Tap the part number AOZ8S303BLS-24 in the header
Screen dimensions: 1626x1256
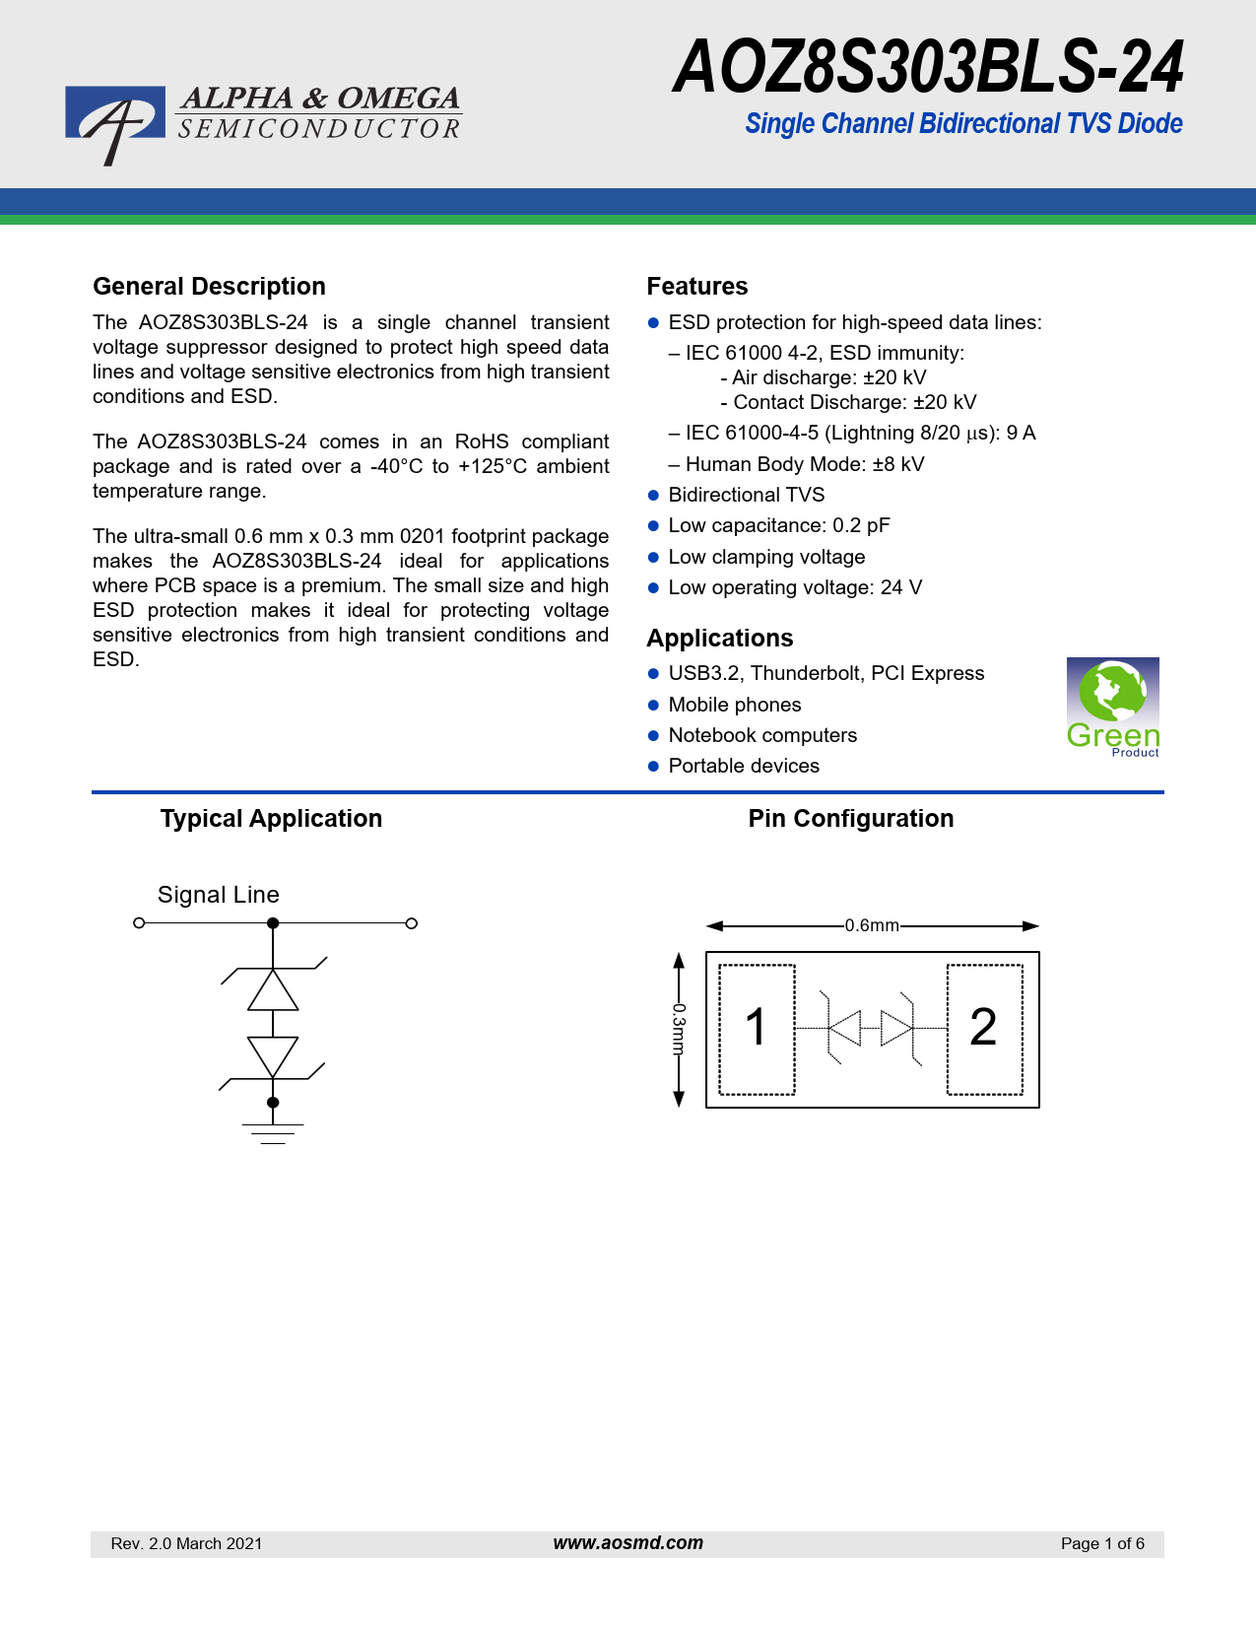[x=928, y=68]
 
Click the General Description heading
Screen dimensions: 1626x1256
[x=209, y=287]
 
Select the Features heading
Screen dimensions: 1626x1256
[x=697, y=287]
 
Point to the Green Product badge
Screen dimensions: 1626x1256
[x=1112, y=708]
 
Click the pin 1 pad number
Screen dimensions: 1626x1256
[x=756, y=1028]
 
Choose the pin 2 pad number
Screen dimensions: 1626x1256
[x=983, y=1028]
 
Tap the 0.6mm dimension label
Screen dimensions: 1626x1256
[x=872, y=926]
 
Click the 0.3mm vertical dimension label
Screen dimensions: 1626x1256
[x=678, y=1030]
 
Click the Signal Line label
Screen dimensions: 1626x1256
[x=219, y=895]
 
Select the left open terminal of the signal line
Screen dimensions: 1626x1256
[x=139, y=923]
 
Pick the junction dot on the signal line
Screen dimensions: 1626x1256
[x=273, y=923]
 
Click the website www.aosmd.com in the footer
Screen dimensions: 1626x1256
[x=628, y=1543]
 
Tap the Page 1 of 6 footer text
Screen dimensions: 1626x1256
[x=1102, y=1544]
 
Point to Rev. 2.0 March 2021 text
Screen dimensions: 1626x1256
[x=187, y=1544]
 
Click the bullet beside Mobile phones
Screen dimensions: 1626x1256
[x=653, y=706]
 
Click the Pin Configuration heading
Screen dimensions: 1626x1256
[x=851, y=819]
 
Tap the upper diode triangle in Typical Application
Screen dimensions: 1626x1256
[x=273, y=991]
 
